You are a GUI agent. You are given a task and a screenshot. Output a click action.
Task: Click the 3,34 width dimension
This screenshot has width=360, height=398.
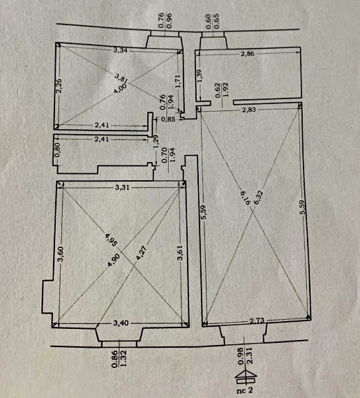[x=120, y=50]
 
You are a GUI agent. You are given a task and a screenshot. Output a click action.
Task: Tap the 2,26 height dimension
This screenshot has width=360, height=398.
[x=59, y=86]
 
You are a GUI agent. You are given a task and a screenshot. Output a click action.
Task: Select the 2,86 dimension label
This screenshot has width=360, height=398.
[x=248, y=54]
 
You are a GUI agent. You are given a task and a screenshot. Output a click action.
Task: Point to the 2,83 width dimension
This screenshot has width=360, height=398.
[x=248, y=110]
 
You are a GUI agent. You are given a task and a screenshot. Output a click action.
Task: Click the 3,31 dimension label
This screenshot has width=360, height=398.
[x=122, y=187]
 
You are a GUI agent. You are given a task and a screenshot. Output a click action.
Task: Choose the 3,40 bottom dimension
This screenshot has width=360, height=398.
[x=121, y=323]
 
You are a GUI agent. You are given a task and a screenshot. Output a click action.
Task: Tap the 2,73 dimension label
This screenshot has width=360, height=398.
[x=257, y=320]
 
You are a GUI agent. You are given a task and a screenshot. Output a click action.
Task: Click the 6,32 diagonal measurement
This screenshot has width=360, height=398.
[x=258, y=198]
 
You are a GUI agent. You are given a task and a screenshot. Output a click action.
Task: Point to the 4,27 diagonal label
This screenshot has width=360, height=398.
[x=142, y=253]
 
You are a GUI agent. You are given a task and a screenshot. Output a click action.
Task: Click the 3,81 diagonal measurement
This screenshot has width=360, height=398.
[x=121, y=78]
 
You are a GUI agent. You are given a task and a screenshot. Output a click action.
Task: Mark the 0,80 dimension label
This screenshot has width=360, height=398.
[x=57, y=149]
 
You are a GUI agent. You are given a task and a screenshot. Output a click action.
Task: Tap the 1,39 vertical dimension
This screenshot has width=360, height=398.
[x=200, y=76]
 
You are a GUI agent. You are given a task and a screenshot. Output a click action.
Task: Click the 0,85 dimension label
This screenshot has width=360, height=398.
[x=168, y=119]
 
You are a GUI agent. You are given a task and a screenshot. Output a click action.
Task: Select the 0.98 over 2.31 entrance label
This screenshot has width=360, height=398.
[x=245, y=356]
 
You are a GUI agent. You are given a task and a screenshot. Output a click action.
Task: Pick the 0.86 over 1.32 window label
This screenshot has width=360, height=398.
[x=119, y=359]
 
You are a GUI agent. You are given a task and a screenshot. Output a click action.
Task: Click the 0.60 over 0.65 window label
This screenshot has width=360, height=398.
[x=213, y=22]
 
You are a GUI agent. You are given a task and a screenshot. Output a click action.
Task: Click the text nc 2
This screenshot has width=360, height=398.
[x=245, y=390]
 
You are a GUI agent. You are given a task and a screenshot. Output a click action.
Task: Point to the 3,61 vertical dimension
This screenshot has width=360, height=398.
[x=180, y=253]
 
